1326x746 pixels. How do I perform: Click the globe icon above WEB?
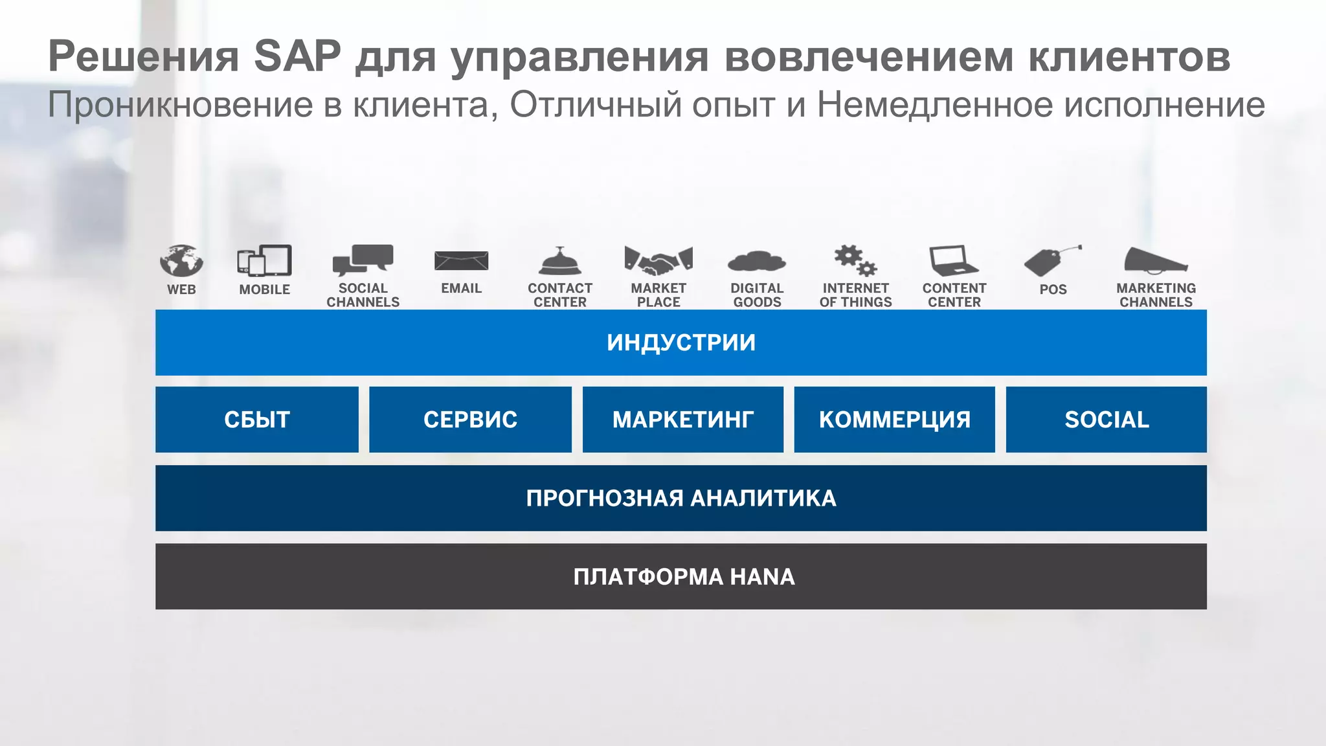click(181, 261)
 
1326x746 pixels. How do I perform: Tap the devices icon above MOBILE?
click(264, 261)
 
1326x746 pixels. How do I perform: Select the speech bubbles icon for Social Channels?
click(363, 260)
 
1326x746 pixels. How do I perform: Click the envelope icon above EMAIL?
click(461, 261)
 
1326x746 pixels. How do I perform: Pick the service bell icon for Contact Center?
click(560, 262)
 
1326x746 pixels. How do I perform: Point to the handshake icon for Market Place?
click(658, 260)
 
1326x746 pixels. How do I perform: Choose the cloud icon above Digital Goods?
click(757, 262)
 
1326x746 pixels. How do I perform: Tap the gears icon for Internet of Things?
click(855, 260)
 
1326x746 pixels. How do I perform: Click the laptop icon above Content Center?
click(954, 261)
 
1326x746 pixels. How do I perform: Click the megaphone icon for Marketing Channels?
click(1156, 260)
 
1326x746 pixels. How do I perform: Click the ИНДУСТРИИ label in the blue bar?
click(681, 343)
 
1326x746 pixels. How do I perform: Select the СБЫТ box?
click(257, 420)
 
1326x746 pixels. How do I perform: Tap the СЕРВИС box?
click(471, 420)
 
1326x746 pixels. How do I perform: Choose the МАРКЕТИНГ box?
click(683, 420)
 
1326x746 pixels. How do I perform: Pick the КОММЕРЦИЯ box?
click(895, 420)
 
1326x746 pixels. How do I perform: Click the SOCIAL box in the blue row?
click(1107, 420)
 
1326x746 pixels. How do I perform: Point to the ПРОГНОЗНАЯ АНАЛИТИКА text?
click(681, 498)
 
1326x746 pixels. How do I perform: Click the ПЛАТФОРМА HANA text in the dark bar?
click(684, 576)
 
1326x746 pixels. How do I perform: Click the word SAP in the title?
click(297, 56)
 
